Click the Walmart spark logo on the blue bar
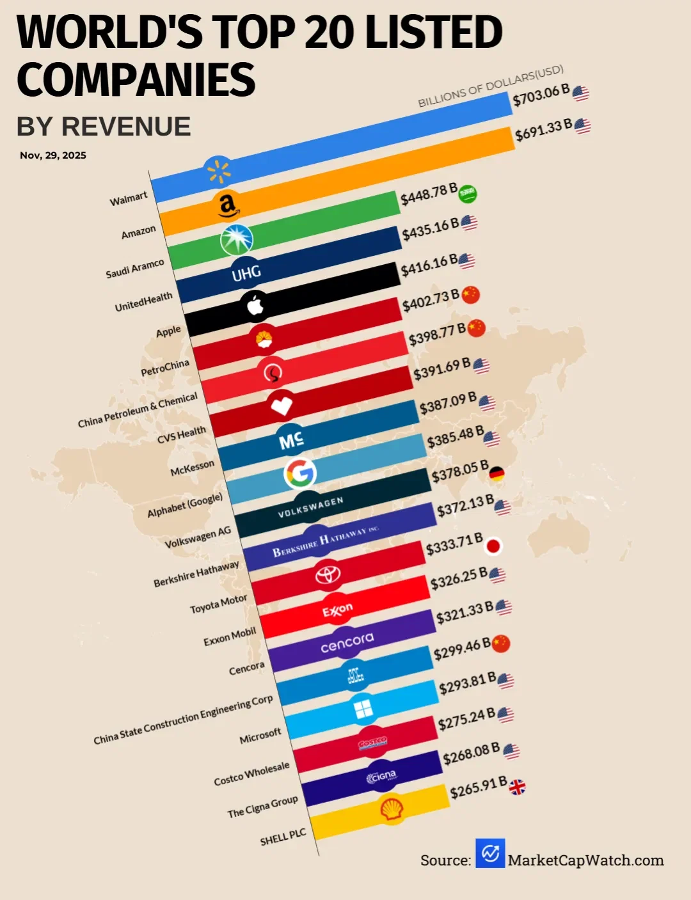(219, 171)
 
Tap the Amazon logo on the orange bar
(227, 205)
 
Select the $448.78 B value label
(429, 194)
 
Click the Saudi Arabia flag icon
(468, 193)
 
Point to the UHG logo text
(246, 273)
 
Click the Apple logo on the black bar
(256, 306)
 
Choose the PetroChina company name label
(165, 368)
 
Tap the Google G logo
(300, 473)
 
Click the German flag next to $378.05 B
(496, 474)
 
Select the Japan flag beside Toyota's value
(493, 546)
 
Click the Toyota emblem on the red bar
(328, 574)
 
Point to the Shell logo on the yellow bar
(392, 809)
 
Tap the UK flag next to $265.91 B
(517, 787)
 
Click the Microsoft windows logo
(363, 709)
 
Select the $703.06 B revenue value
(541, 95)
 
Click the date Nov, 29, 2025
(53, 155)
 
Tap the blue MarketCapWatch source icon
(490, 853)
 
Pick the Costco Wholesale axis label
(251, 773)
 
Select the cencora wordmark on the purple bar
(347, 642)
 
